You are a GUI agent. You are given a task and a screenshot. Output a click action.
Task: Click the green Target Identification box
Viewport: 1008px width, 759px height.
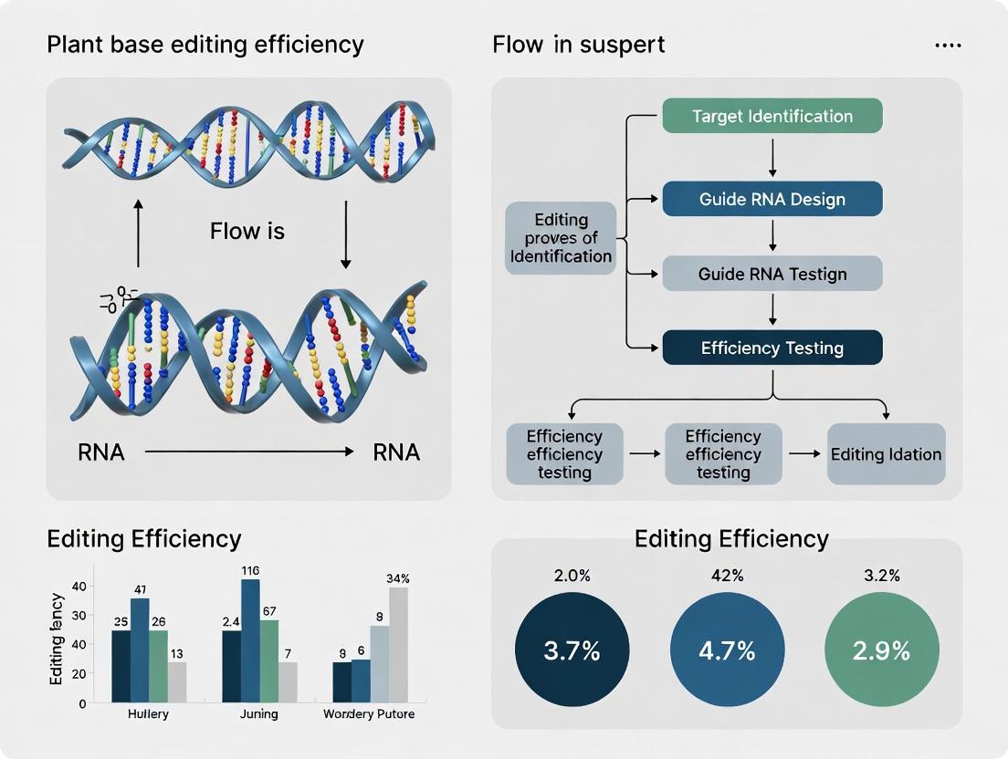pos(772,116)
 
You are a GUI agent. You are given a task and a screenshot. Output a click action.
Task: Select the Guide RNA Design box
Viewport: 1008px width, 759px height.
pos(772,199)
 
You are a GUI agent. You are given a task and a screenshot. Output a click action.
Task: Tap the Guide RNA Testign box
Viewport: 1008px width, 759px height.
pos(772,274)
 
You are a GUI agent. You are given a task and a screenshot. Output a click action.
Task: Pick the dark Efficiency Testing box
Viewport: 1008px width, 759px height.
pos(772,348)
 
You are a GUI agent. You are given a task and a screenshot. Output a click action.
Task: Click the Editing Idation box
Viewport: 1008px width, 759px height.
pos(885,453)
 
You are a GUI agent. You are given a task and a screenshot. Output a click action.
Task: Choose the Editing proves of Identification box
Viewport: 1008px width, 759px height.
pos(561,238)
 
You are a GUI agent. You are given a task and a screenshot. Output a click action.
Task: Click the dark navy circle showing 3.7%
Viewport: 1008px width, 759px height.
pos(572,650)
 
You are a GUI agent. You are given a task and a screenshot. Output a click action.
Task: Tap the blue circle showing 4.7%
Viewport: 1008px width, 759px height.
pos(727,650)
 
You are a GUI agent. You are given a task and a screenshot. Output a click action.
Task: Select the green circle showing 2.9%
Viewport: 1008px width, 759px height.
pos(881,650)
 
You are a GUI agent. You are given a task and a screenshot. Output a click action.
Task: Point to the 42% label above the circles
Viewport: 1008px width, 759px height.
pos(727,576)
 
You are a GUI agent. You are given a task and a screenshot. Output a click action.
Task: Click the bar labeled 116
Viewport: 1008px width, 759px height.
pos(250,640)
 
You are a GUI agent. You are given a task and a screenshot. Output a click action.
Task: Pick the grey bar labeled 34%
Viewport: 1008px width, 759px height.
pos(398,644)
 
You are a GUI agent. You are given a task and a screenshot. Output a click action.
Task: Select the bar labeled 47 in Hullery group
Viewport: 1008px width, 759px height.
pos(140,650)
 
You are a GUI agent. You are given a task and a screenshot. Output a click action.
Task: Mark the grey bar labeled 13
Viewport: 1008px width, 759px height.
pos(177,681)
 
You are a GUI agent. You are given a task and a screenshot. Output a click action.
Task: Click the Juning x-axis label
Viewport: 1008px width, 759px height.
pos(259,714)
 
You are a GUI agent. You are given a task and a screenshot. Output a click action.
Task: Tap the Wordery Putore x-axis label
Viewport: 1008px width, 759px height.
pos(369,714)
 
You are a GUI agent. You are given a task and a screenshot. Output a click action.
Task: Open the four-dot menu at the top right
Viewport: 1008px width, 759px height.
pos(948,45)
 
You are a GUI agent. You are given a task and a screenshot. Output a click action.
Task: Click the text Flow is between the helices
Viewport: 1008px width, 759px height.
pos(247,232)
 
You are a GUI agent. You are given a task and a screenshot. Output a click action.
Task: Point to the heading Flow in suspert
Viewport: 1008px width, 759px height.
pos(578,44)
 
